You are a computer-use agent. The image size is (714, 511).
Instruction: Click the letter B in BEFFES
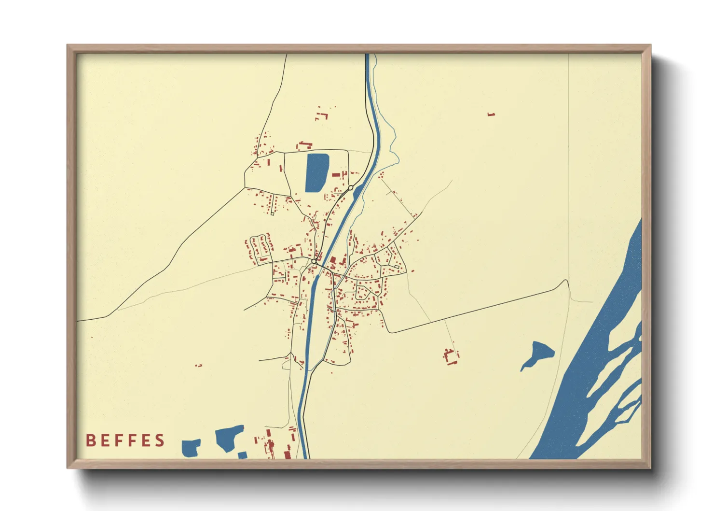(x=90, y=440)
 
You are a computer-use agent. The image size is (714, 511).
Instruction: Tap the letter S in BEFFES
(x=160, y=440)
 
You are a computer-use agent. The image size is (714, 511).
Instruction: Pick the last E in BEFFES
(x=146, y=440)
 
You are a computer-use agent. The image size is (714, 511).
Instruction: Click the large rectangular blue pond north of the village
(x=317, y=172)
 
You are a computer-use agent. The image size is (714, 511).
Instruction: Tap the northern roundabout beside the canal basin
(x=351, y=187)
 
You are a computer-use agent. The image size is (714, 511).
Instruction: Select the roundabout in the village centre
(x=314, y=261)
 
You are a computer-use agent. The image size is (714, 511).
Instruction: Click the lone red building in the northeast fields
(x=491, y=114)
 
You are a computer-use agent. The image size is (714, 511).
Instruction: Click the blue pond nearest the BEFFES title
(x=191, y=448)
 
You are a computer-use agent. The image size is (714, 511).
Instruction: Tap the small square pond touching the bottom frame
(x=242, y=455)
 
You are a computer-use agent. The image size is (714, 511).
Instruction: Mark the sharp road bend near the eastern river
(x=565, y=281)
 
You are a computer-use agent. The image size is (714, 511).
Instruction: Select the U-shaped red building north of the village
(x=322, y=116)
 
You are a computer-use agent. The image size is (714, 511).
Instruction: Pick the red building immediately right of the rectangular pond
(x=336, y=174)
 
